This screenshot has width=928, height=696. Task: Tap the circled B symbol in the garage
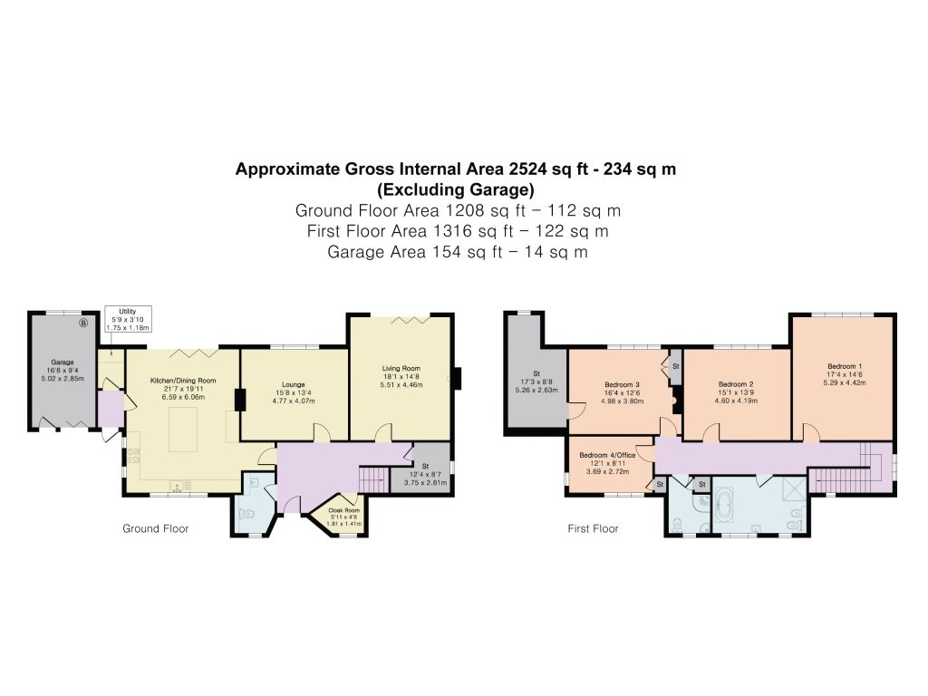click(83, 323)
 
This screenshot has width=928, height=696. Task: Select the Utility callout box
click(128, 319)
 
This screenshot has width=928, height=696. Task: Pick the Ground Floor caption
click(156, 528)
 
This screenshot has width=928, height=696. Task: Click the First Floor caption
click(593, 528)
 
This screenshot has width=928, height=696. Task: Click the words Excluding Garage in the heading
click(456, 190)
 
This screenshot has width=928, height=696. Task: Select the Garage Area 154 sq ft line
click(458, 252)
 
